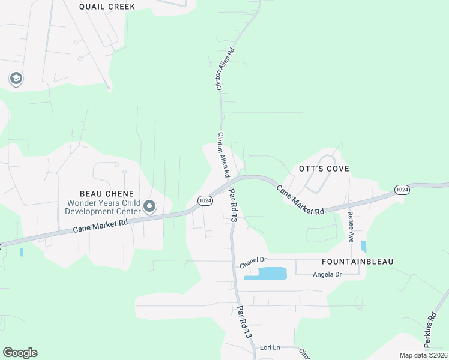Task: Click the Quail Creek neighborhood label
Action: pos(107,7)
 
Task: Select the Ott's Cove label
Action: pos(324,169)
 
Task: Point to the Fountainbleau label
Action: pos(357,262)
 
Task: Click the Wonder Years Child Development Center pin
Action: pos(149,207)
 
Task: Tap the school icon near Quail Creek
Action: pos(16,79)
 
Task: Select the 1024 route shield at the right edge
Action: pos(402,190)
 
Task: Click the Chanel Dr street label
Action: pos(252,261)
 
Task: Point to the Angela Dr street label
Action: pos(327,274)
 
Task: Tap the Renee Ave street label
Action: pos(352,227)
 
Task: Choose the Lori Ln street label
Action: pos(270,347)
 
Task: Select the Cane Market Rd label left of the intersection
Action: pos(101,226)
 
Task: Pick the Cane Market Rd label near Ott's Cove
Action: pos(300,200)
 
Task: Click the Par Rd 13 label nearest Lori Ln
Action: pos(243,322)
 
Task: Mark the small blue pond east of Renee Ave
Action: pos(364,246)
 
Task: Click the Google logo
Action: pos(20,353)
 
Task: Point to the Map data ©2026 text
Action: pos(423,355)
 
